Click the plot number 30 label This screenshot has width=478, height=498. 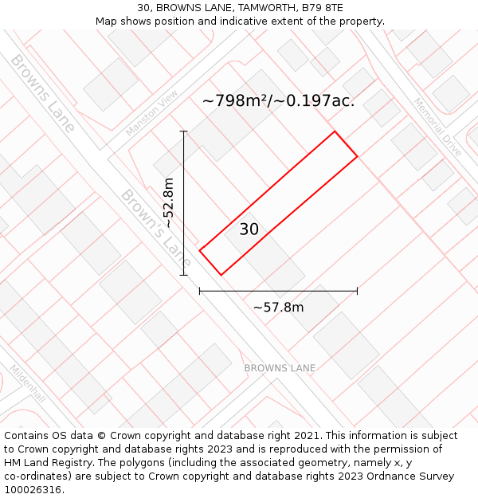(x=249, y=229)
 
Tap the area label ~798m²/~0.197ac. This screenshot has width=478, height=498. (x=278, y=101)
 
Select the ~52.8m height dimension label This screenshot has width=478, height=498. (x=168, y=202)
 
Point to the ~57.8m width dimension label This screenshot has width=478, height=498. (x=278, y=307)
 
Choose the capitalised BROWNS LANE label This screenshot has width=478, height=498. (x=280, y=368)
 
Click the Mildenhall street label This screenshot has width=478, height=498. (x=28, y=384)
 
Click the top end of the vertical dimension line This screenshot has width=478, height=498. (x=184, y=131)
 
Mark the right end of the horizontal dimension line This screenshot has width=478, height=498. (x=357, y=292)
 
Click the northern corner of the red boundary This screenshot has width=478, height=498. (x=335, y=131)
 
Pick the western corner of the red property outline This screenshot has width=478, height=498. (x=199, y=250)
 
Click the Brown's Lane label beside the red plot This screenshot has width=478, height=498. (x=155, y=229)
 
